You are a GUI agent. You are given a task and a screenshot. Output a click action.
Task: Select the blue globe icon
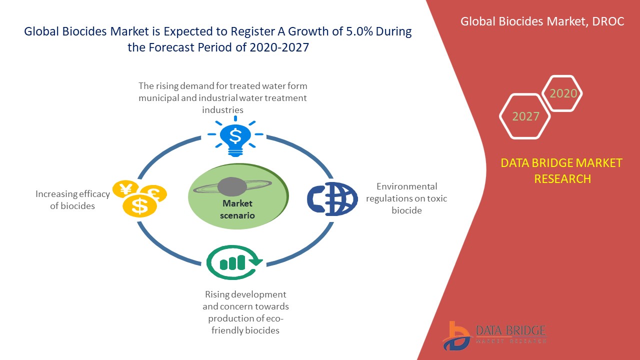click(x=332, y=199)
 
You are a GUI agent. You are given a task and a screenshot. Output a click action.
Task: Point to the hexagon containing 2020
click(x=563, y=93)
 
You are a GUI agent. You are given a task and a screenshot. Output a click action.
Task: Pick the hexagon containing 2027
click(x=525, y=116)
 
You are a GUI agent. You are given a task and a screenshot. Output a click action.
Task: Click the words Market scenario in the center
click(x=237, y=209)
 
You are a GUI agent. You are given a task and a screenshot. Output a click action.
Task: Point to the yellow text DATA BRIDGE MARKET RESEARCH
click(x=562, y=170)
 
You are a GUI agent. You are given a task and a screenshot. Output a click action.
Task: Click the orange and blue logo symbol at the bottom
click(x=457, y=335)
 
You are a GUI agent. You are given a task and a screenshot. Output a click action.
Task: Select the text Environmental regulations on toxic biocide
click(x=406, y=198)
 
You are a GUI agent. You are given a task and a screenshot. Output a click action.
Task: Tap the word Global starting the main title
click(x=41, y=32)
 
